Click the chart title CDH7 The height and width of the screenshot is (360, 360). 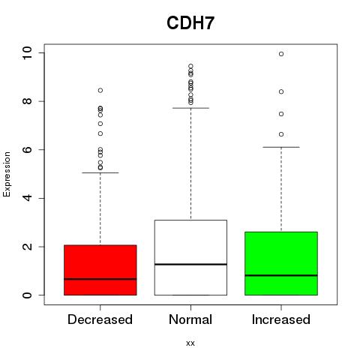pyautogui.click(x=190, y=23)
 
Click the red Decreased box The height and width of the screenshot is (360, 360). pyautogui.click(x=100, y=270)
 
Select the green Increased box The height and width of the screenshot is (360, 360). pyautogui.click(x=281, y=263)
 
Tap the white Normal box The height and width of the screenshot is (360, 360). pyautogui.click(x=190, y=257)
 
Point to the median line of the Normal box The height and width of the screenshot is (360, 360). pyautogui.click(x=190, y=264)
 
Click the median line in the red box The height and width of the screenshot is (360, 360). pyautogui.click(x=100, y=279)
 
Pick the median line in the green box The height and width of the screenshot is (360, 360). pyautogui.click(x=281, y=275)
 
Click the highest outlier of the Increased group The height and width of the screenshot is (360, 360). pyautogui.click(x=281, y=54)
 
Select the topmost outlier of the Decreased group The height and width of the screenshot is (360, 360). pyautogui.click(x=100, y=90)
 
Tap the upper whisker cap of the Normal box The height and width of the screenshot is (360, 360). pyautogui.click(x=190, y=108)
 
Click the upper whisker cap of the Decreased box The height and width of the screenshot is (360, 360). pyautogui.click(x=100, y=172)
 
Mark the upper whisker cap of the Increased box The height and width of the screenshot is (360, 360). pyautogui.click(x=281, y=147)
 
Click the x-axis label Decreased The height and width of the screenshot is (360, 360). pyautogui.click(x=100, y=319)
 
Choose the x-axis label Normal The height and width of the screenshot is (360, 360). pyautogui.click(x=190, y=319)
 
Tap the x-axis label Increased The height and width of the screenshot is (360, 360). pyautogui.click(x=281, y=319)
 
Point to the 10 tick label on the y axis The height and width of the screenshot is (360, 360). pyautogui.click(x=27, y=53)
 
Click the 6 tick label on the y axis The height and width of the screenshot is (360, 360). pyautogui.click(x=27, y=150)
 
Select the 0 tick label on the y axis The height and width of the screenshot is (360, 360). pyautogui.click(x=27, y=295)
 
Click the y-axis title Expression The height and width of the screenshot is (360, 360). pyautogui.click(x=7, y=174)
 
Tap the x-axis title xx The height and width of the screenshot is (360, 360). pyautogui.click(x=190, y=343)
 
